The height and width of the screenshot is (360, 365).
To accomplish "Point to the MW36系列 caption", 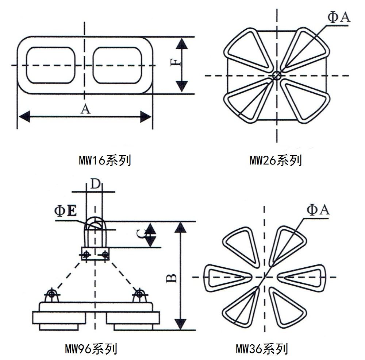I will tap(262, 349).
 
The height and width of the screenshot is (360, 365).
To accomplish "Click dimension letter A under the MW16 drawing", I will tap(85, 109).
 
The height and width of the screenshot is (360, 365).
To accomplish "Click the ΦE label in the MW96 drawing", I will tap(66, 211).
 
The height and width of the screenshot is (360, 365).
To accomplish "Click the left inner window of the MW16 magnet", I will tap(50, 65).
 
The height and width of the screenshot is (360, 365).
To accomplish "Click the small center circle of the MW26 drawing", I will tap(276, 76).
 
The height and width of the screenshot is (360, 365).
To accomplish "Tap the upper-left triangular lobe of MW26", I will tap(245, 47).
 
